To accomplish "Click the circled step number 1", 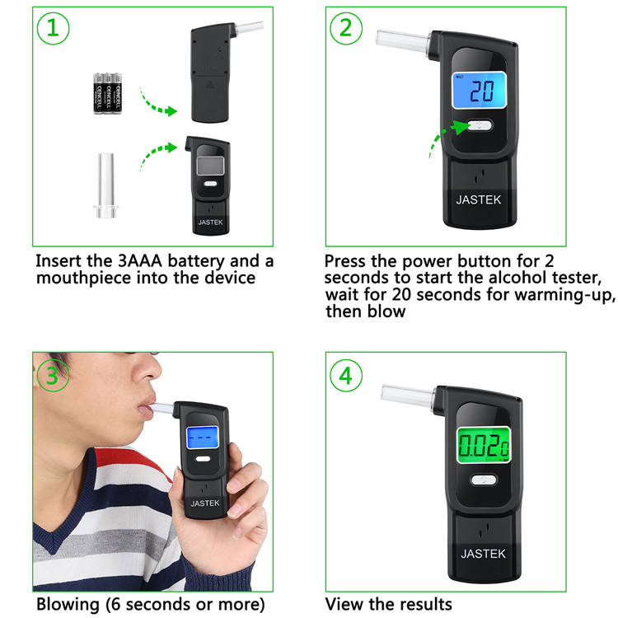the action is click(x=54, y=28).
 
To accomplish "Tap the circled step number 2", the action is click(x=345, y=28).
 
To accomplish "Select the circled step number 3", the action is click(x=53, y=375).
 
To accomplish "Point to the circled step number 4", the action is click(x=345, y=375).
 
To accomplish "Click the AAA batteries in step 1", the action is click(x=108, y=93).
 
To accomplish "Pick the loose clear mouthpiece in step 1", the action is click(x=106, y=185).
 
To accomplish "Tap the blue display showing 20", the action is click(x=479, y=91).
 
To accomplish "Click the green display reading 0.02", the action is click(x=484, y=445).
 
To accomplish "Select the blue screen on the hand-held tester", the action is click(x=202, y=438).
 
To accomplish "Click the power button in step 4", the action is click(x=484, y=480).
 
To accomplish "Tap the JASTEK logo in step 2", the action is click(x=479, y=200).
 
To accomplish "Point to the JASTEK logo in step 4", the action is click(x=483, y=554).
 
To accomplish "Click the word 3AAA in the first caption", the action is click(x=140, y=261).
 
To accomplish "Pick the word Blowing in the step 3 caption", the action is click(x=68, y=604).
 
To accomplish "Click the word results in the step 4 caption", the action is click(x=427, y=604).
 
